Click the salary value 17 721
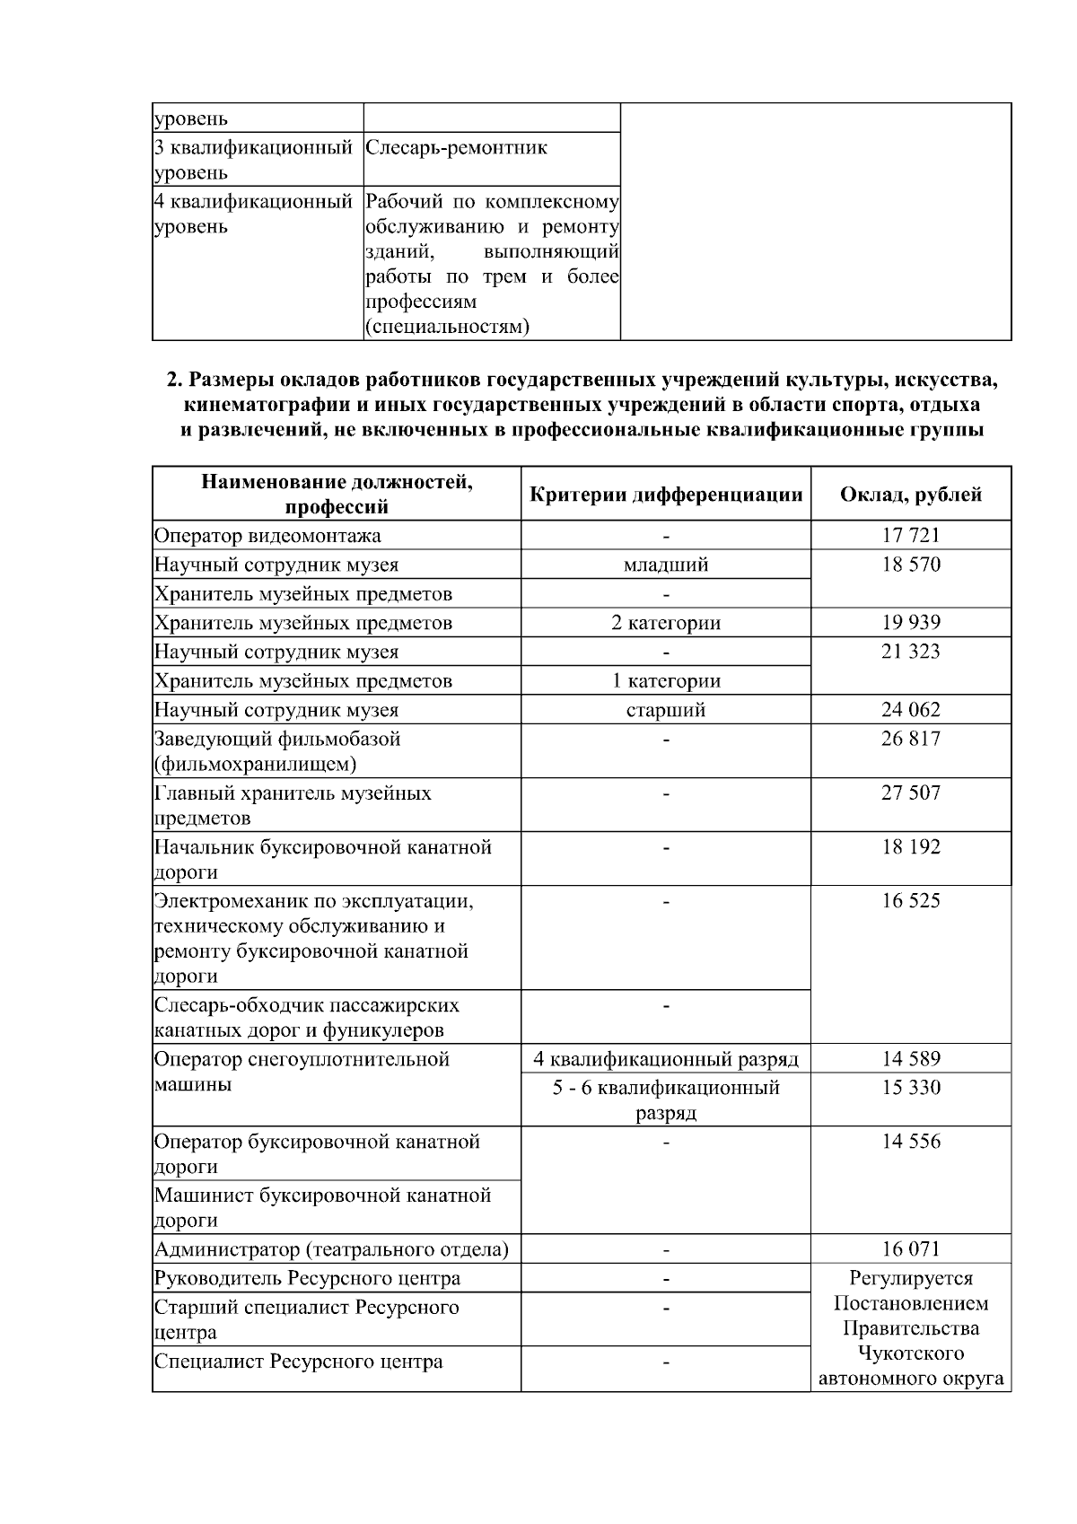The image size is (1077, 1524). click(x=910, y=536)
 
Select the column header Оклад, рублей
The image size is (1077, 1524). click(x=910, y=495)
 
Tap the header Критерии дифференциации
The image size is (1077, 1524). click(x=665, y=495)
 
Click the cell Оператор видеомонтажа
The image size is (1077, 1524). click(x=267, y=536)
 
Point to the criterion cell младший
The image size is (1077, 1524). click(x=665, y=565)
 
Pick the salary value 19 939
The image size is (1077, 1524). click(x=910, y=622)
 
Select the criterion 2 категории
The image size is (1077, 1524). click(x=665, y=623)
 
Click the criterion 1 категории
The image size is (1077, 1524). click(x=665, y=680)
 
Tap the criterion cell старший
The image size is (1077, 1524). click(x=665, y=710)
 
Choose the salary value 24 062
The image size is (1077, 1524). click(x=910, y=710)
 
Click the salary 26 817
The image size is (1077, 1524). click(x=910, y=739)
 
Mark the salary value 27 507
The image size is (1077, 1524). click(x=910, y=793)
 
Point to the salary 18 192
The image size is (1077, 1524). click(x=910, y=846)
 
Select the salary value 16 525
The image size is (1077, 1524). click(x=910, y=900)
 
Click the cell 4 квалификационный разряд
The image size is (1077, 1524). click(x=665, y=1059)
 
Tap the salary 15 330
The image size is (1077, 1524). click(x=910, y=1088)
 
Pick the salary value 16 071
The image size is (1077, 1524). click(x=910, y=1248)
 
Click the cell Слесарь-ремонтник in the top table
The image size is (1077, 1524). click(x=456, y=148)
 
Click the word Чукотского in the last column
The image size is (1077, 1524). click(x=910, y=1353)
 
